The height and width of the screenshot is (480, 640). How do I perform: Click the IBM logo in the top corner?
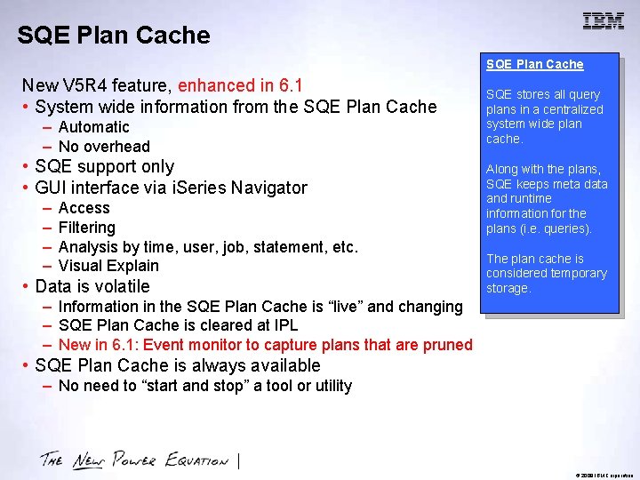[x=603, y=22]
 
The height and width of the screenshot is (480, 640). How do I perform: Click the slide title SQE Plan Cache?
[x=114, y=36]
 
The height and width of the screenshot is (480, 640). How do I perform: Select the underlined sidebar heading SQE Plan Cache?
[x=534, y=64]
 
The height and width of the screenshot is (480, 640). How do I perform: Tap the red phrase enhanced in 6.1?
[x=240, y=85]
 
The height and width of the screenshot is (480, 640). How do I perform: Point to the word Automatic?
[x=93, y=127]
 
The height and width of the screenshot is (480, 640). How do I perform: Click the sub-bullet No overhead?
[x=104, y=147]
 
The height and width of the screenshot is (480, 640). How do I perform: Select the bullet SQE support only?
[x=104, y=167]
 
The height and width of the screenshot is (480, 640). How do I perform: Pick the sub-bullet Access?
[x=84, y=208]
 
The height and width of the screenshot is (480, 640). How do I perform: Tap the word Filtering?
[x=86, y=228]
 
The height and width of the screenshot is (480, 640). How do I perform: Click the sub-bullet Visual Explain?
[x=108, y=266]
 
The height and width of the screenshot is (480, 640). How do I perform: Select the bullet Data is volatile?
[x=92, y=286]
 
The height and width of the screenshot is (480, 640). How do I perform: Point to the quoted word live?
[x=342, y=307]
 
